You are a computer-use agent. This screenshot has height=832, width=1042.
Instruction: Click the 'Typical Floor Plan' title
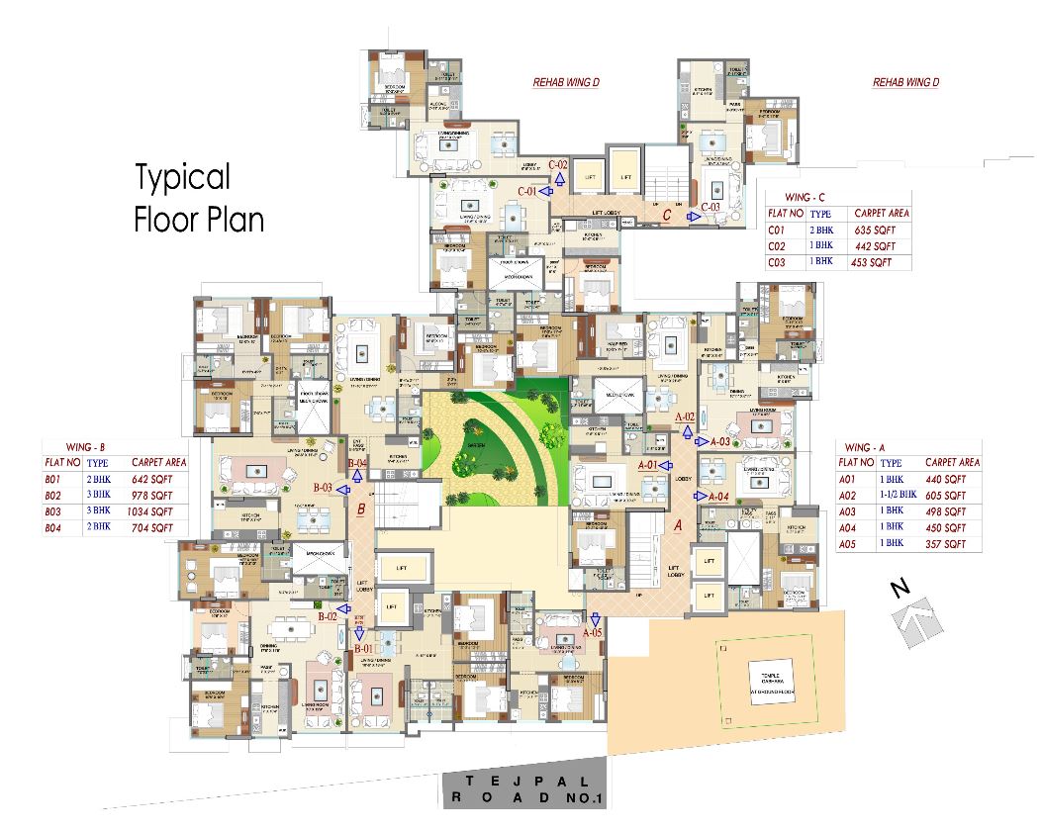coord(198,198)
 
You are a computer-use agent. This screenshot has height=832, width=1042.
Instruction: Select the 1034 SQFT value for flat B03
coord(151,511)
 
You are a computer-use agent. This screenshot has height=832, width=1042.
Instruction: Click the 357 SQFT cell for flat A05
coord(945,544)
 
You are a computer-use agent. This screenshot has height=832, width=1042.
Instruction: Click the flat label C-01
coord(527,190)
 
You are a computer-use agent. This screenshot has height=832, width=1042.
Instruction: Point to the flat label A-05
coord(592,631)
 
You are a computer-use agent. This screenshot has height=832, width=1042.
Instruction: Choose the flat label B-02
coord(329,616)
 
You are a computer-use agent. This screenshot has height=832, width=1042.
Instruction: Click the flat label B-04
coord(357,462)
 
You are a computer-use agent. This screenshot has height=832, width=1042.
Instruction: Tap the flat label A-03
coord(719,442)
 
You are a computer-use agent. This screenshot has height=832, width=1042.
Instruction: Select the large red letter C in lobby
coord(668,214)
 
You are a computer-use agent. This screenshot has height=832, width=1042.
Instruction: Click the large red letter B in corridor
coord(362,510)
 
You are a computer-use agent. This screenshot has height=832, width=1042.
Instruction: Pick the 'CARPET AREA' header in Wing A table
coord(952,462)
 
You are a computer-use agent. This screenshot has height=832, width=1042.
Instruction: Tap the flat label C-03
coord(710,207)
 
